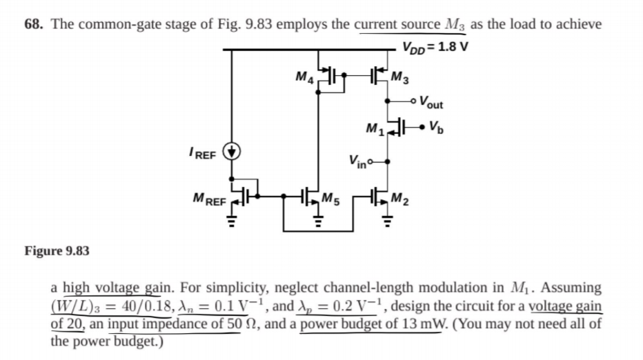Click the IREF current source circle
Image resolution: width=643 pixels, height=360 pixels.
232,151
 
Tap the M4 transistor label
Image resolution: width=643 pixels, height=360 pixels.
305,77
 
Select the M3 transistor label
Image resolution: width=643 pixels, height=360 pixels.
399,77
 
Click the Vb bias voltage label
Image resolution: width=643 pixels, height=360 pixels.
436,128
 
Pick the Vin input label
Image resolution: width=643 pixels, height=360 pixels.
357,161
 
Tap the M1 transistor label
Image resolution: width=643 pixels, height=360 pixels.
375,129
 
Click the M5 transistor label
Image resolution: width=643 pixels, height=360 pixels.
330,199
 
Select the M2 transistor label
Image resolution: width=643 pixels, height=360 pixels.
400,199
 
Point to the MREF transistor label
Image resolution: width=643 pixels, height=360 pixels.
209,199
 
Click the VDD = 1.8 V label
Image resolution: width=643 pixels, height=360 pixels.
435,47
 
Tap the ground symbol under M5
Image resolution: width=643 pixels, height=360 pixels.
317,221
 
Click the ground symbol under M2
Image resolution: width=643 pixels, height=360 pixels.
387,221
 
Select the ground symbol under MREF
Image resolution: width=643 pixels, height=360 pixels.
232,221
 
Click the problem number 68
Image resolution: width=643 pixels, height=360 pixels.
34,24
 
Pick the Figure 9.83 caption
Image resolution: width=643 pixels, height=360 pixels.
57,250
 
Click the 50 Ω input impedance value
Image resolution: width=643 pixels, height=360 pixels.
244,323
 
